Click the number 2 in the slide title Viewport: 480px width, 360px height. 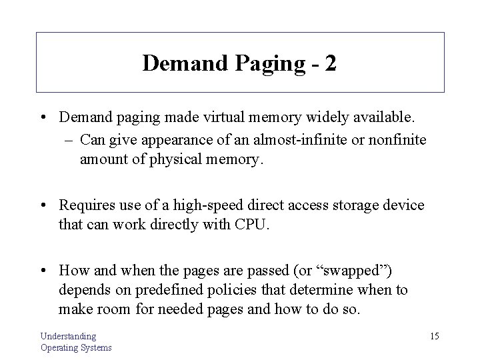point(330,63)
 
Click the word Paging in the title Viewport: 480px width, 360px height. point(266,65)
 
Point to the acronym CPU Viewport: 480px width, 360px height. point(251,225)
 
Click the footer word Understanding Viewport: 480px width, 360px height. point(69,336)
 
